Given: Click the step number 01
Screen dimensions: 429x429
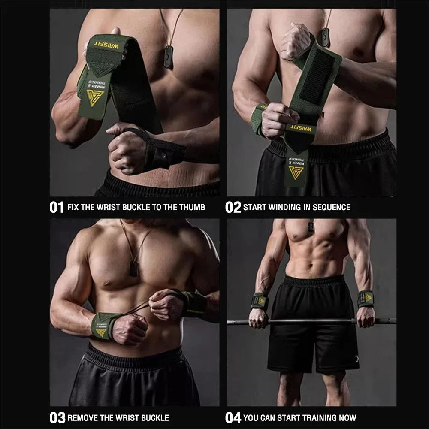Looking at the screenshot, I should (57, 207).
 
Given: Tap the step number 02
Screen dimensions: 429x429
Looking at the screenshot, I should (233, 207).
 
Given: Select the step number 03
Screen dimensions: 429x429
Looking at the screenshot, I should (57, 417).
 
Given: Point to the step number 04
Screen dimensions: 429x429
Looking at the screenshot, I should (233, 417).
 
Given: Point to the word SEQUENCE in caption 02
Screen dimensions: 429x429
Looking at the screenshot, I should (331, 208).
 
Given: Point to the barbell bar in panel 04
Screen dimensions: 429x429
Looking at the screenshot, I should (313, 320).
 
